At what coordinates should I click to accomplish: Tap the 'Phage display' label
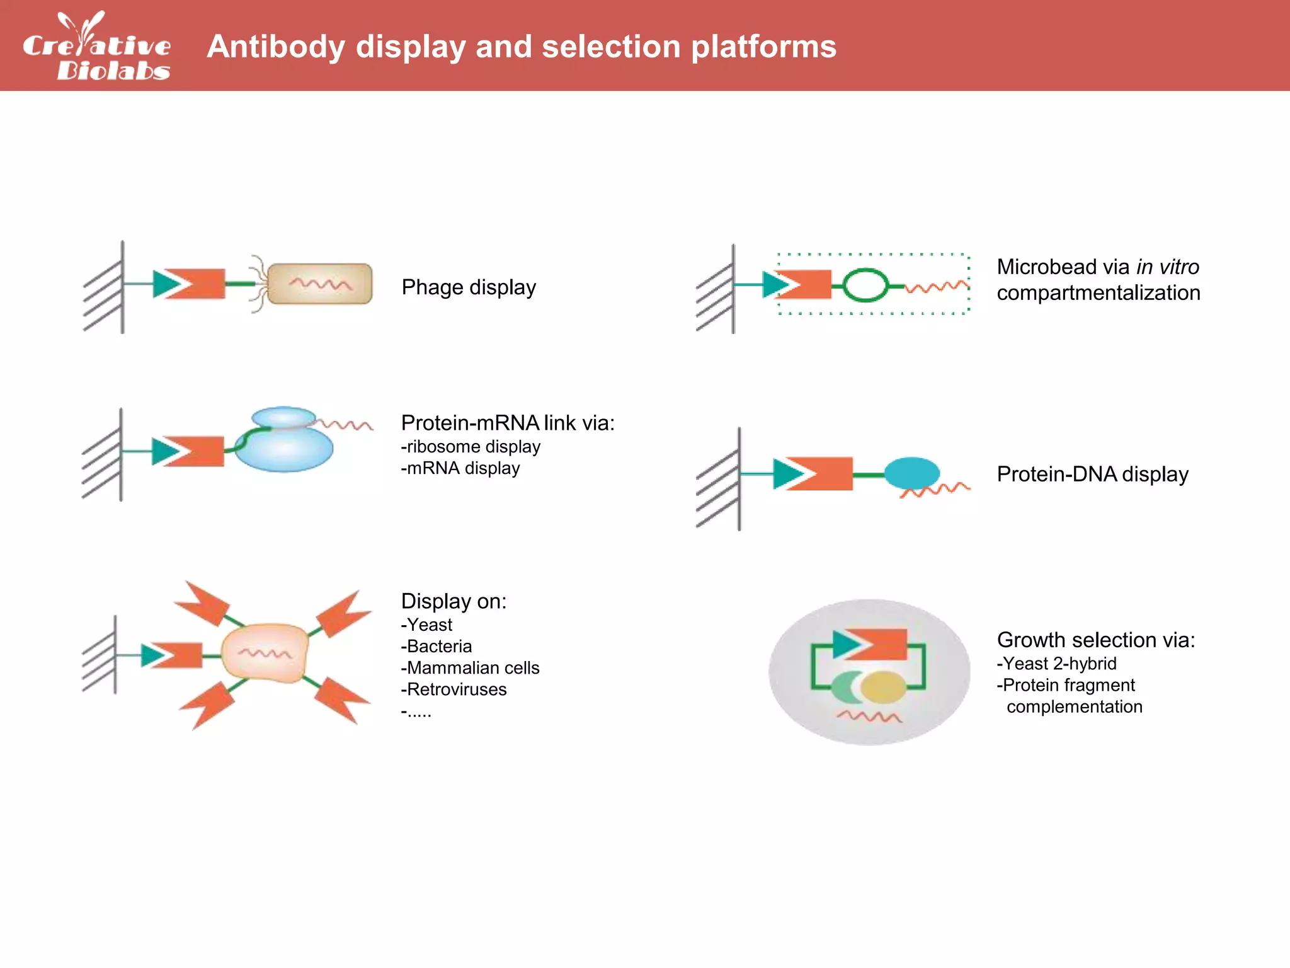[x=469, y=287]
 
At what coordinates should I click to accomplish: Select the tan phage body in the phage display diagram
[x=320, y=284]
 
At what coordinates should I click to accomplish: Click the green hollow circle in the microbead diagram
[x=865, y=285]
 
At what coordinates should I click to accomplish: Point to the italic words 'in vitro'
[x=1167, y=267]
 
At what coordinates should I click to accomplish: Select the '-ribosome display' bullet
[x=471, y=447]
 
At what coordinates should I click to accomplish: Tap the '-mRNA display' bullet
[x=460, y=468]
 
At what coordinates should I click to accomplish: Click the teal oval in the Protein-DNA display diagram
[x=911, y=473]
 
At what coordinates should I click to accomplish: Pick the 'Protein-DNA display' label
[x=1092, y=474]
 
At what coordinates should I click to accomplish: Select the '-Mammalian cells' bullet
[x=470, y=668]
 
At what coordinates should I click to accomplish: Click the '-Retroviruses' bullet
[x=454, y=689]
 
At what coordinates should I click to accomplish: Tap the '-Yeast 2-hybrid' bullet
[x=1056, y=664]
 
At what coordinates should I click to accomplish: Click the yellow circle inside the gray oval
[x=884, y=687]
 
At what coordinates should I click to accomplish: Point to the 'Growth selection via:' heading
[x=1095, y=640]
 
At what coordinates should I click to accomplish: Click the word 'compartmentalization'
[x=1098, y=293]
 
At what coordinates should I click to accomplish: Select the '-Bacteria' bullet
[x=436, y=647]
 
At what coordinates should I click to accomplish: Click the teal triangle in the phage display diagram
[x=166, y=284]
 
